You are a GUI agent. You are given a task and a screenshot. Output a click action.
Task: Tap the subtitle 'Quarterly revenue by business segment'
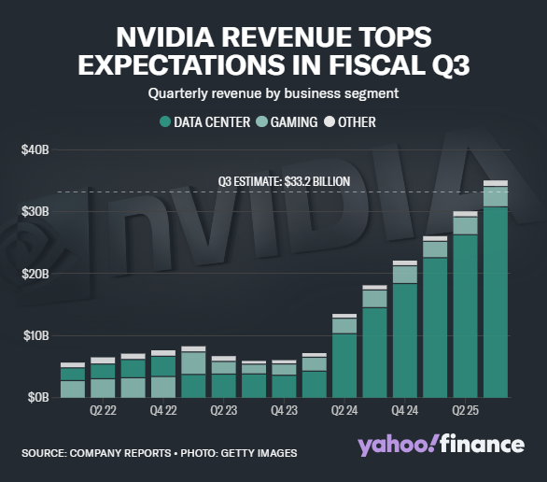(273, 92)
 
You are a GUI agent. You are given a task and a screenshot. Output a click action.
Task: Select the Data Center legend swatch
(165, 121)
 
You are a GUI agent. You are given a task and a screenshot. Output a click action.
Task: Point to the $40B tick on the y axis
(34, 149)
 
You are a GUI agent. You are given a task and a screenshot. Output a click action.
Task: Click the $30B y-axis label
(34, 211)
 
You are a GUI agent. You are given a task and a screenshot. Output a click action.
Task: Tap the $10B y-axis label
(34, 334)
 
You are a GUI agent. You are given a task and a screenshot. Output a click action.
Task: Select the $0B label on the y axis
(35, 397)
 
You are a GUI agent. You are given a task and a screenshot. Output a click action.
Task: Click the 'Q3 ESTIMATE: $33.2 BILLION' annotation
(272, 181)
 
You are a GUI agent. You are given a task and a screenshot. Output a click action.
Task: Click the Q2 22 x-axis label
(103, 409)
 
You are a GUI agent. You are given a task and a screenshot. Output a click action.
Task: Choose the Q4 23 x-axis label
(284, 409)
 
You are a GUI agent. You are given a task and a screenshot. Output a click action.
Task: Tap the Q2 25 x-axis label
(465, 409)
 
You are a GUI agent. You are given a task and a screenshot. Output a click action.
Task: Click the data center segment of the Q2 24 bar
(344, 364)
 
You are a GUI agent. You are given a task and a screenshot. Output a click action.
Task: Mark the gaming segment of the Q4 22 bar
(163, 386)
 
